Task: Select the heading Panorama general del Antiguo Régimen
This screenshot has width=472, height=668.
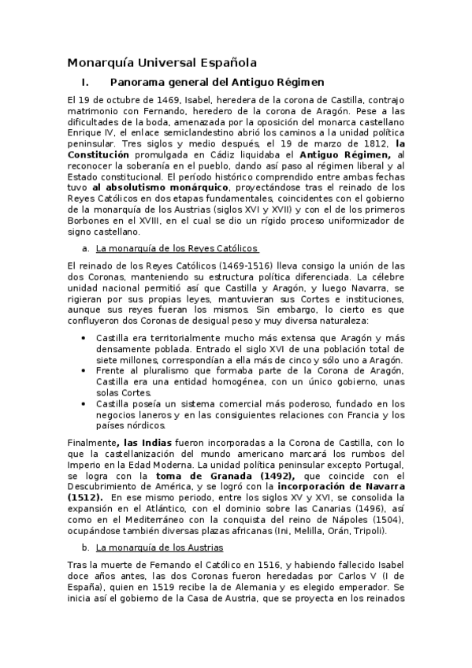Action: [x=217, y=82]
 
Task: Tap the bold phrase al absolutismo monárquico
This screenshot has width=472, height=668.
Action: [x=159, y=188]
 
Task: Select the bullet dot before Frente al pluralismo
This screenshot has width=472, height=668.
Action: [x=85, y=371]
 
